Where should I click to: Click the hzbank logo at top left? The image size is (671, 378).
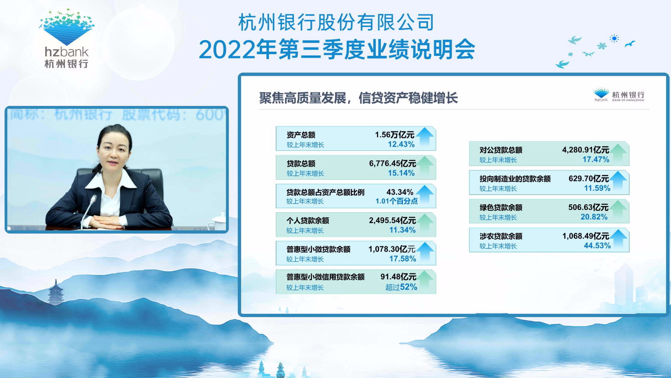pos(66,39)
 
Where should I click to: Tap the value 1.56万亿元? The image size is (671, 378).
pos(394,135)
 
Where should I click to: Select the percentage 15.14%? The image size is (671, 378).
pos(401,173)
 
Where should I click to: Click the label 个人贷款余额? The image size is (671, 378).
pos(308,221)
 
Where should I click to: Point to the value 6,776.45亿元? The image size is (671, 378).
pos(392,163)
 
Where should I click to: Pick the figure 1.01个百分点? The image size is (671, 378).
pos(396,201)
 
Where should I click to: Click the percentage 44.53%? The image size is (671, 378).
pos(597,245)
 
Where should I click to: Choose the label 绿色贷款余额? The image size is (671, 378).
pos(501,208)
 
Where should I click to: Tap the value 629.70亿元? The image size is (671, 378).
pos(588,178)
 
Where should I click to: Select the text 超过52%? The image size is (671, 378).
pos(401,287)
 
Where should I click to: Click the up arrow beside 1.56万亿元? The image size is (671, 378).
pos(425,137)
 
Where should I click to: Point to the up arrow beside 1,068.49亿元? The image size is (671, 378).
pos(618,238)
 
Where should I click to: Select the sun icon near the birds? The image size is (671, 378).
pos(614,38)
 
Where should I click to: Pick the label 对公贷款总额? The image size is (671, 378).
pos(501,150)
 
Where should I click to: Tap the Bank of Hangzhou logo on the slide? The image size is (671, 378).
pos(619,95)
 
